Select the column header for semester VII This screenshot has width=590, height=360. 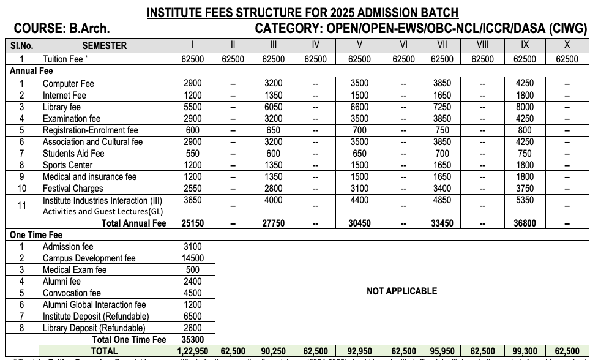click(x=442, y=45)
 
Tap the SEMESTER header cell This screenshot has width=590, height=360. click(x=105, y=45)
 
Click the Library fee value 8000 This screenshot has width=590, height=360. click(x=525, y=107)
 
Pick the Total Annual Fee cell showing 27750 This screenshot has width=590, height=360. click(x=273, y=223)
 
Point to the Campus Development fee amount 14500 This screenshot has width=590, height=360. click(x=193, y=258)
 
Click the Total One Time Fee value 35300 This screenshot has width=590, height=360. click(x=193, y=339)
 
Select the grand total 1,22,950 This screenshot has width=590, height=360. click(x=193, y=351)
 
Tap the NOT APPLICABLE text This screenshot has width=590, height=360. click(x=401, y=291)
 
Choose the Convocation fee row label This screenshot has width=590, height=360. click(x=72, y=293)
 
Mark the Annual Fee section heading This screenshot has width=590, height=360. click(x=31, y=71)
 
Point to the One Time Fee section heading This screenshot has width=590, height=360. click(x=36, y=235)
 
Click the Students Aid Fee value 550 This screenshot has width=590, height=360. click(x=193, y=154)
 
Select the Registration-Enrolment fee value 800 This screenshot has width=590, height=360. click(x=525, y=130)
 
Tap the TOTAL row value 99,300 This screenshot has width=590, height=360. click(x=525, y=351)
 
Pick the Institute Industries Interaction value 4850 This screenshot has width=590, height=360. click(x=442, y=200)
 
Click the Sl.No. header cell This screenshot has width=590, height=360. click(x=21, y=45)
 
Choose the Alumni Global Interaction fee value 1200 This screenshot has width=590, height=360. click(x=193, y=304)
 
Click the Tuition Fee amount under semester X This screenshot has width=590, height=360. click(x=567, y=59)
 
